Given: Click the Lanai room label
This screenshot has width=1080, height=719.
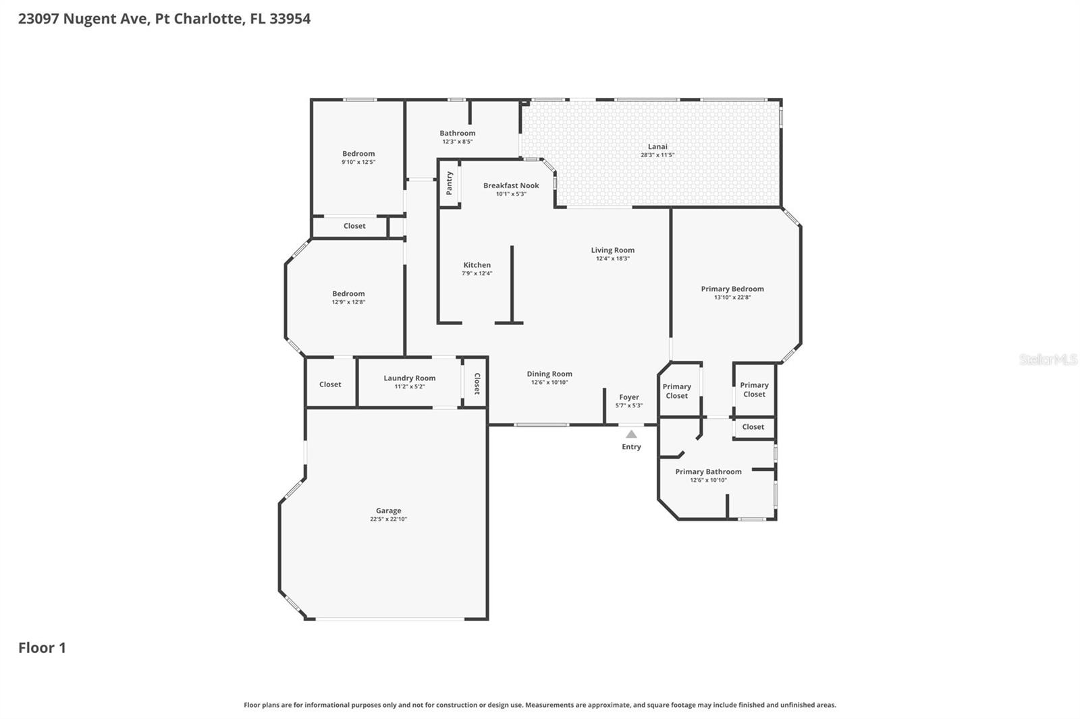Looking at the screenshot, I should tap(657, 146).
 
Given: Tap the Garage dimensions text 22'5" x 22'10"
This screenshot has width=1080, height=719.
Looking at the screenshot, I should tap(388, 519).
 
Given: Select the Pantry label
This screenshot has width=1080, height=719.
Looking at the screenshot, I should tap(450, 183).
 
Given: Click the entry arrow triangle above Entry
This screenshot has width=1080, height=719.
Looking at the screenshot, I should tap(631, 434).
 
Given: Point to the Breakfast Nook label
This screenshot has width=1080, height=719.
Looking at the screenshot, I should tap(511, 185).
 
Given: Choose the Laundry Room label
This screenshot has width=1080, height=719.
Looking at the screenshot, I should tap(410, 378).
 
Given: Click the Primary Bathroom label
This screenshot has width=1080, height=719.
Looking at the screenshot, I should tap(708, 472).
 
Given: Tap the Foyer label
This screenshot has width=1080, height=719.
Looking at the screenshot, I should tap(628, 397).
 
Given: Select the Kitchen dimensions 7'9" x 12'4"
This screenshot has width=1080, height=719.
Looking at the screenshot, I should tap(477, 274).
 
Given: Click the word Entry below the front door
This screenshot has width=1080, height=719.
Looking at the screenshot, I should tap(631, 447).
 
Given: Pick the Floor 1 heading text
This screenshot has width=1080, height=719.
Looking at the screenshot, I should tap(42, 648).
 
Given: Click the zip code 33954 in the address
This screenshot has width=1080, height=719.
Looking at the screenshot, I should tap(290, 18).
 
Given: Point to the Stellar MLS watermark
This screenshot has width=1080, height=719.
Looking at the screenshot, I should tap(1048, 359).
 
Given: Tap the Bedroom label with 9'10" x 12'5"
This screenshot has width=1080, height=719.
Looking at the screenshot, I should tap(358, 154).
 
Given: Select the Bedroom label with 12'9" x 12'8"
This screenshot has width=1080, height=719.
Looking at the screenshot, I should tap(348, 293).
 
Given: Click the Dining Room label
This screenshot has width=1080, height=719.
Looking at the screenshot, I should tap(549, 374).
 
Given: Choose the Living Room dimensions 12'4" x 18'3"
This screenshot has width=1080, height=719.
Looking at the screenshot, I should tap(612, 259).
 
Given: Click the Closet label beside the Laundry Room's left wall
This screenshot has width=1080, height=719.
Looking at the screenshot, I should tap(330, 384).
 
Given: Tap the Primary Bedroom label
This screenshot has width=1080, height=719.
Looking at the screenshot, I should tap(732, 289).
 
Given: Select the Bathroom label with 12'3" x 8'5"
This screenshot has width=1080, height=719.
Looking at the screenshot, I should tap(457, 133).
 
